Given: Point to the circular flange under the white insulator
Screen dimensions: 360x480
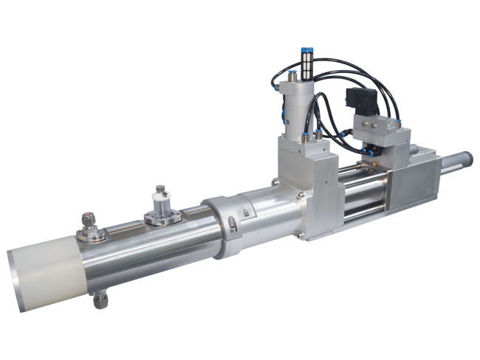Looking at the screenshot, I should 160,218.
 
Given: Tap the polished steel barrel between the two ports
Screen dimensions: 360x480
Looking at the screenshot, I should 133,251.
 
